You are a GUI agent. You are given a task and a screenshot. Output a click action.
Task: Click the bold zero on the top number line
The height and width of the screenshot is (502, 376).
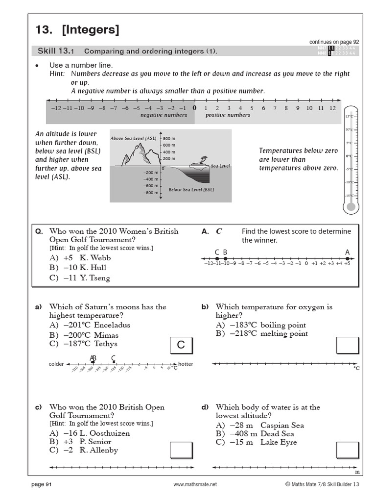[x=194, y=108]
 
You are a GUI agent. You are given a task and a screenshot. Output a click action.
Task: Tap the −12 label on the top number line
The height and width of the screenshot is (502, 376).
[x=55, y=108]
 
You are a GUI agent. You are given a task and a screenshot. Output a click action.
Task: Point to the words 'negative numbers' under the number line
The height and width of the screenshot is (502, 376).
[x=164, y=115]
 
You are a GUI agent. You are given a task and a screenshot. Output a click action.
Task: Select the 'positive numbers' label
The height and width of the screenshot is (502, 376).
[x=228, y=115]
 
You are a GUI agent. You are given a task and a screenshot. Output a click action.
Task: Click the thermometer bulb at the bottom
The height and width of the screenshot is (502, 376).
[x=350, y=207]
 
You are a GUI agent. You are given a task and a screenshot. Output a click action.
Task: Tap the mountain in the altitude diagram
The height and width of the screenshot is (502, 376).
[x=134, y=154]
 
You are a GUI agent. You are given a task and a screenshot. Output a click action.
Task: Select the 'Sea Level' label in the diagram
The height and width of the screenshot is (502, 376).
[x=220, y=166]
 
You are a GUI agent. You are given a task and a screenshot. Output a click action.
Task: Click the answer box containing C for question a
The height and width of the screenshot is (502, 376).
[x=181, y=345]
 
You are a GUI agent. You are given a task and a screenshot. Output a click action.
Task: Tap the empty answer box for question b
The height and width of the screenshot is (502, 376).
[x=348, y=345]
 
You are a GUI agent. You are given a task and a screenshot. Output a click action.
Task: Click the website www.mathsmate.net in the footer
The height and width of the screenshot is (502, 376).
[x=195, y=484]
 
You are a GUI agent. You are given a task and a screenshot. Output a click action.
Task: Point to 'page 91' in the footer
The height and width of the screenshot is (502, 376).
[x=42, y=484]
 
